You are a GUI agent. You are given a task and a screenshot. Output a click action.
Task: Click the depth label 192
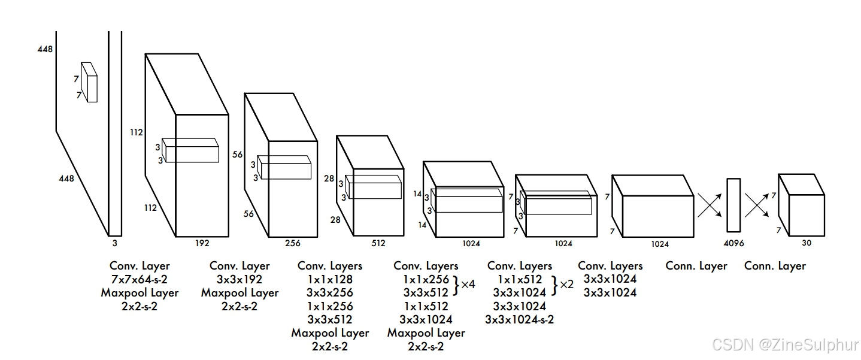[x=202, y=243]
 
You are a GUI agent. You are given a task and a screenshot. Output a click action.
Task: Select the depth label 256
[x=293, y=243]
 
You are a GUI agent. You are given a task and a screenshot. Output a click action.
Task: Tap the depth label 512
[x=378, y=243]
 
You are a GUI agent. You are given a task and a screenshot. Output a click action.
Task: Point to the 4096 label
[x=733, y=243]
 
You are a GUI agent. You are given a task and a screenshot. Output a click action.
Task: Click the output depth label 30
[x=807, y=243]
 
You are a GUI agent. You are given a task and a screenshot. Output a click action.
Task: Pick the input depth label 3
[x=115, y=243]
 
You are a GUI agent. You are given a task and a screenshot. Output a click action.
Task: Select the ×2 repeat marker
[x=566, y=284]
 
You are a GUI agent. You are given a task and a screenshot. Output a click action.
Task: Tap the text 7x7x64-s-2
[x=140, y=280]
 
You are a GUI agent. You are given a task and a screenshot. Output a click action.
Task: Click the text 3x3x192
[x=239, y=280]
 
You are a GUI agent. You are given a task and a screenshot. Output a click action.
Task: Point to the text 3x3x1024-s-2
[x=520, y=319]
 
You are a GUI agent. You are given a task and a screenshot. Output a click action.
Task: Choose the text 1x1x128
[x=329, y=280]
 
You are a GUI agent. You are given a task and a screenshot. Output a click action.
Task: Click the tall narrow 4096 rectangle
[x=733, y=205]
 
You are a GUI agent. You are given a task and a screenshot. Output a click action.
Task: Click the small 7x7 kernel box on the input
[x=89, y=82]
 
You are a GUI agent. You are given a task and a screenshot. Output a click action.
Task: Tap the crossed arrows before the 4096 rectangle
[x=710, y=205]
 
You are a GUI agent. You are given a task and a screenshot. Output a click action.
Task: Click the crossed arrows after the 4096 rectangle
[x=756, y=205]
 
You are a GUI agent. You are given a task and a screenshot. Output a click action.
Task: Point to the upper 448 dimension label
[x=45, y=49]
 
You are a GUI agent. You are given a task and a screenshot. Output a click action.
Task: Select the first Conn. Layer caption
[x=696, y=266]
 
